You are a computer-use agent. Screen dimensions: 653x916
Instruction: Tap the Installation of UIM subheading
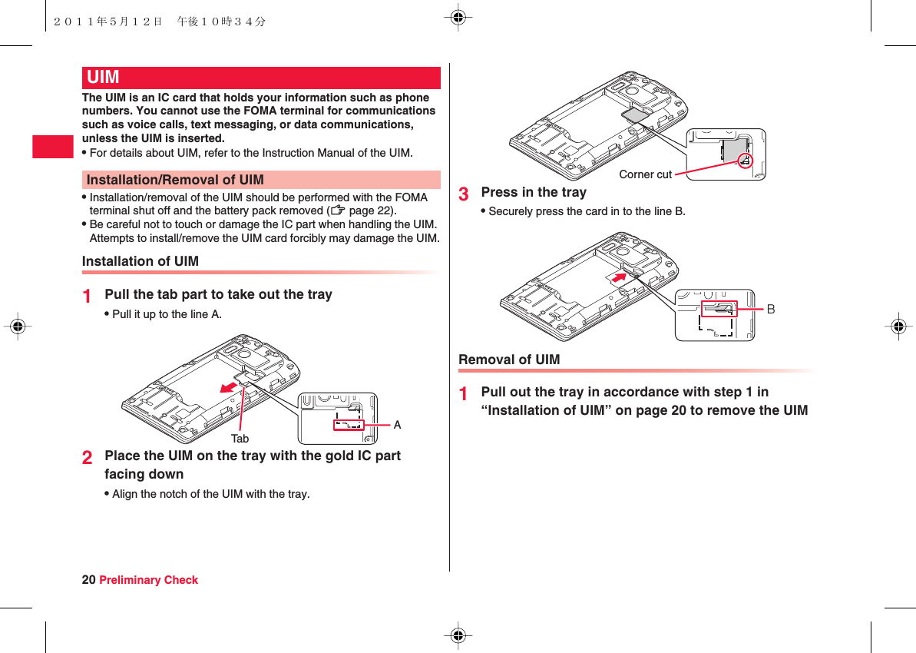click(x=141, y=261)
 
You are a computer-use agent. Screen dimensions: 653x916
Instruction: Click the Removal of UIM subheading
click(x=509, y=360)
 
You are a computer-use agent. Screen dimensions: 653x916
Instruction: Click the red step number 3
click(x=464, y=194)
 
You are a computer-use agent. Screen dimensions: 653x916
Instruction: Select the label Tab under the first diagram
click(x=240, y=439)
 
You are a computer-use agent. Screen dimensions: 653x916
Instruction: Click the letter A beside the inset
click(x=397, y=425)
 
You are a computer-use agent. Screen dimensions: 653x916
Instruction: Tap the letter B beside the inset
click(x=771, y=309)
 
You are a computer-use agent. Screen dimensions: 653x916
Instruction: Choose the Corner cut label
click(x=645, y=174)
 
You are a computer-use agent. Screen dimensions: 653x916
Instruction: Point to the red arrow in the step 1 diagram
click(x=228, y=386)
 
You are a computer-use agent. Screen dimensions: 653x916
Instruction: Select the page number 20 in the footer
click(x=88, y=580)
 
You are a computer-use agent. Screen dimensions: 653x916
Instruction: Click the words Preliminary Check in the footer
click(x=149, y=580)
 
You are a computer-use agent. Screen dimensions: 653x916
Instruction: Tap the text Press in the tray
click(x=534, y=192)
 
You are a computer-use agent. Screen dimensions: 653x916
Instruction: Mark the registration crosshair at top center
click(x=458, y=17)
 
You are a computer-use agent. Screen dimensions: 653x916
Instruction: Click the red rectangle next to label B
click(x=719, y=308)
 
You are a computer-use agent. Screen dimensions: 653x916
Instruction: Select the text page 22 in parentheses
click(x=372, y=210)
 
